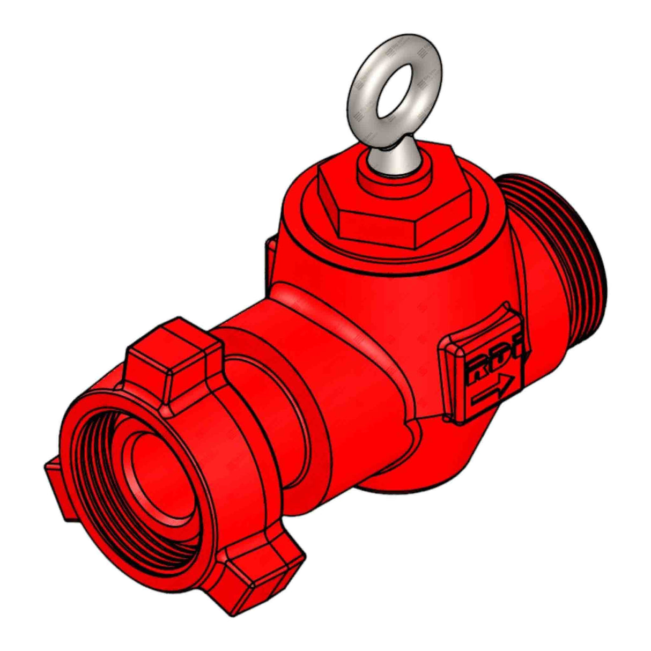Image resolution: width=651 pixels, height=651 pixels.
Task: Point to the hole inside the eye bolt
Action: [x=397, y=86]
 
